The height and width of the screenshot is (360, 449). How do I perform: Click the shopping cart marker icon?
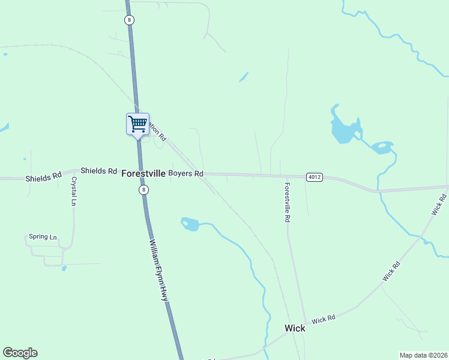(137, 124)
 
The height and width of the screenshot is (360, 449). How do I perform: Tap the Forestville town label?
(143, 173)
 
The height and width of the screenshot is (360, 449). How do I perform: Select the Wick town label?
(294, 328)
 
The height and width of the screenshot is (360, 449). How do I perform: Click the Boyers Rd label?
(185, 174)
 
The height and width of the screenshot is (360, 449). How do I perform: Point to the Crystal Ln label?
(74, 191)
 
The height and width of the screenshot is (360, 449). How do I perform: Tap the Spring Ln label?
(42, 237)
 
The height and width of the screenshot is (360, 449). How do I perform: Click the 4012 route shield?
(314, 177)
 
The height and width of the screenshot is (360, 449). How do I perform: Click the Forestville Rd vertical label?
(288, 203)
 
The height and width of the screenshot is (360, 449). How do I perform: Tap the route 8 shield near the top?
(130, 20)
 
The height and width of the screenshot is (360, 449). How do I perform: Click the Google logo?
(20, 353)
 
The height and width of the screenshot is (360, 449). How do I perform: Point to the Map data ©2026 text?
(423, 355)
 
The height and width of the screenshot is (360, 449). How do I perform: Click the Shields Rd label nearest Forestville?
(98, 171)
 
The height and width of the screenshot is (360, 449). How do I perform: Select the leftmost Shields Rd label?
(43, 177)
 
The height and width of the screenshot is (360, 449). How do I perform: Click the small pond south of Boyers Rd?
(190, 224)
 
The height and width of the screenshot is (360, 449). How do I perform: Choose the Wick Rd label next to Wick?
(323, 319)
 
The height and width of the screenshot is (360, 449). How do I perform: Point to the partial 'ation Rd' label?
(157, 131)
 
